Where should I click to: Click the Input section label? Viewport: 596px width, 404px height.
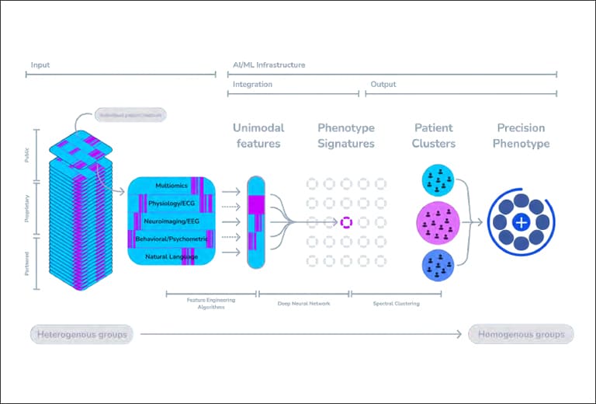point(40,65)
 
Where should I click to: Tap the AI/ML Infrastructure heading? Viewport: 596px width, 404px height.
point(269,65)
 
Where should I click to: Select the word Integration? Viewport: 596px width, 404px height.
point(252,84)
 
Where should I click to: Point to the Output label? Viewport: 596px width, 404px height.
point(383,84)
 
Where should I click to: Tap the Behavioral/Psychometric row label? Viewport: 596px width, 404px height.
point(172,239)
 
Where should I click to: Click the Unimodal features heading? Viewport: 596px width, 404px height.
point(258,135)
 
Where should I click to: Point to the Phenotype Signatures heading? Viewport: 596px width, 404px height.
point(346,135)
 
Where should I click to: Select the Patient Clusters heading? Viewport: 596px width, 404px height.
point(435,135)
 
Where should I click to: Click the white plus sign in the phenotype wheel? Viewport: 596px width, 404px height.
point(521,222)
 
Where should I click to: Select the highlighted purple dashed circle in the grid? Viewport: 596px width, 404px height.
point(346,222)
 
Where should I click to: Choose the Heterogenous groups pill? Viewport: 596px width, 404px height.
point(81,335)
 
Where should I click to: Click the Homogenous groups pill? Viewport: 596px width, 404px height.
point(521,335)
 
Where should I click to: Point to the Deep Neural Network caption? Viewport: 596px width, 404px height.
point(303,304)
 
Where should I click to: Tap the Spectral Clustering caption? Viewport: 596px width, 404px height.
point(397,304)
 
